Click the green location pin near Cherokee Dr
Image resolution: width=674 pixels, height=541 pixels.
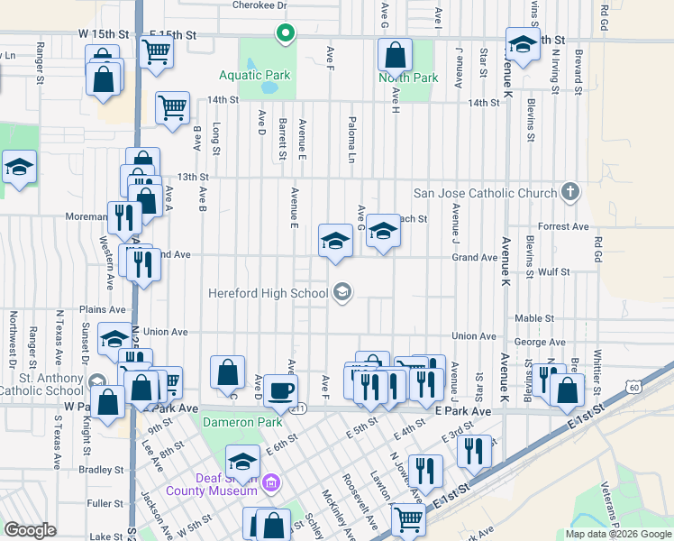click(x=286, y=34)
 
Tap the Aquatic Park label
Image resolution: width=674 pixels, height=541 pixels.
click(x=255, y=76)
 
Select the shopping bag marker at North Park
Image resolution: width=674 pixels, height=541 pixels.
click(x=395, y=57)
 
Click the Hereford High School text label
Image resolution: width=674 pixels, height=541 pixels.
click(x=268, y=293)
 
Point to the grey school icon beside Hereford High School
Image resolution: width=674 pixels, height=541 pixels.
click(x=342, y=290)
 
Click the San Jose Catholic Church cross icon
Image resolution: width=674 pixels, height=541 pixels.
click(x=569, y=191)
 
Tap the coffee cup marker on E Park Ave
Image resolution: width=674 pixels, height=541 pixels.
click(x=280, y=390)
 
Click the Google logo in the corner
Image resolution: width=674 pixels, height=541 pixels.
click(x=31, y=530)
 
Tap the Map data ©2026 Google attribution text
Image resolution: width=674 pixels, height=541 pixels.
click(x=617, y=534)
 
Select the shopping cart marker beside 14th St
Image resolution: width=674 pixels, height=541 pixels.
click(x=172, y=108)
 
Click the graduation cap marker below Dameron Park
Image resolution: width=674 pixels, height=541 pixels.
click(x=242, y=463)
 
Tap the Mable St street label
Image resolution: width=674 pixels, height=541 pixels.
click(x=534, y=318)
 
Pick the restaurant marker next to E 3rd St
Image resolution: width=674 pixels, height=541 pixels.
click(x=474, y=450)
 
